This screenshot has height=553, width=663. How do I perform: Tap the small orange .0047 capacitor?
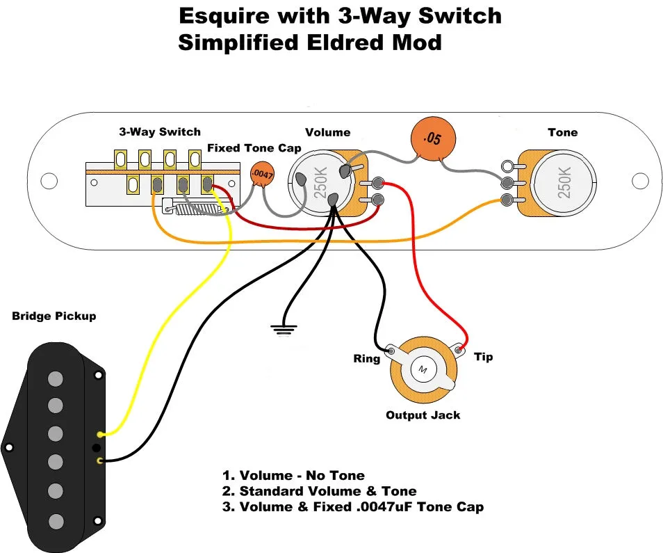(x=261, y=174)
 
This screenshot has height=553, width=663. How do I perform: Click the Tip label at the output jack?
(x=483, y=357)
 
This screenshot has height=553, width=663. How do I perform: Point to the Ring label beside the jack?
(x=366, y=359)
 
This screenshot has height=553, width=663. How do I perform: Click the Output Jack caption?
(x=423, y=415)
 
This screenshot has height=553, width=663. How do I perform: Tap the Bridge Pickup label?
(x=54, y=316)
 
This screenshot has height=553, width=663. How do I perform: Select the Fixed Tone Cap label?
(x=254, y=148)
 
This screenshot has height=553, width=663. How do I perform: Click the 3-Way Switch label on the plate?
(x=160, y=131)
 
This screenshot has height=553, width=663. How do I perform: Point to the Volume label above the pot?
(x=328, y=132)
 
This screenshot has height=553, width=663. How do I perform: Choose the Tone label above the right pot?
(x=562, y=132)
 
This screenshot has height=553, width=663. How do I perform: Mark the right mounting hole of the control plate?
(x=637, y=181)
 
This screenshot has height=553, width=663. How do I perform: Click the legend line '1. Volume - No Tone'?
(x=293, y=476)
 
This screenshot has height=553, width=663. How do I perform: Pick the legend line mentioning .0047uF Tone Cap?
(x=353, y=506)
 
